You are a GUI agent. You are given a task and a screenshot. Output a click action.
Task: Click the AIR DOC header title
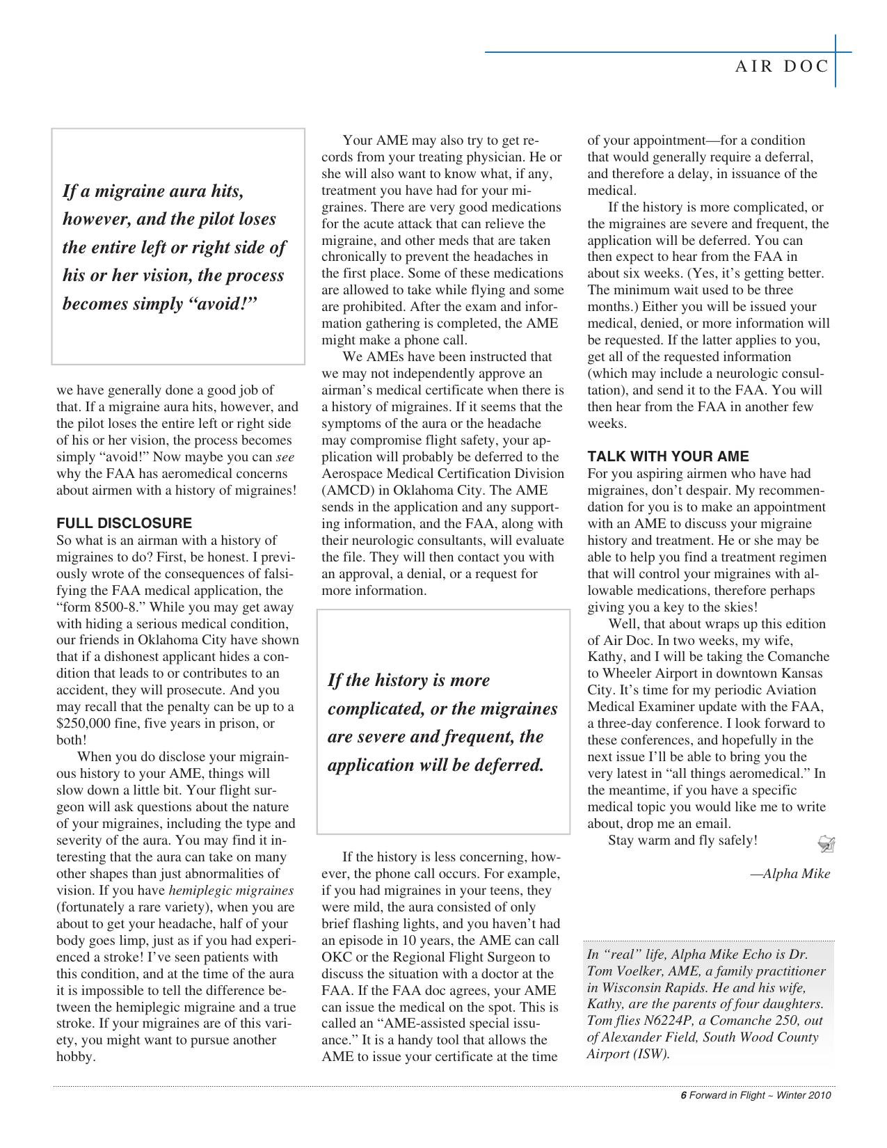pyautogui.click(x=782, y=67)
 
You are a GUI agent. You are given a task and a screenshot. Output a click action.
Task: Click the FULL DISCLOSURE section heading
pyautogui.click(x=124, y=523)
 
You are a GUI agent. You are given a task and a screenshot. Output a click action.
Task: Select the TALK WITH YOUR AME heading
pyautogui.click(x=668, y=456)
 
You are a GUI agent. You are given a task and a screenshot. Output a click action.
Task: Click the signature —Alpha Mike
pyautogui.click(x=790, y=874)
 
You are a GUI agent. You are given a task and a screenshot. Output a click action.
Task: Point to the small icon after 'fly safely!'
pyautogui.click(x=826, y=844)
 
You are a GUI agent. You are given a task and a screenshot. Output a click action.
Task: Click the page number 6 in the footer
pyautogui.click(x=683, y=1095)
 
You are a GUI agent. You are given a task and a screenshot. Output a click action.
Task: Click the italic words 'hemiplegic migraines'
pyautogui.click(x=231, y=891)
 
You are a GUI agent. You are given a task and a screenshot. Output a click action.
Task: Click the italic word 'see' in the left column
pyautogui.click(x=285, y=457)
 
